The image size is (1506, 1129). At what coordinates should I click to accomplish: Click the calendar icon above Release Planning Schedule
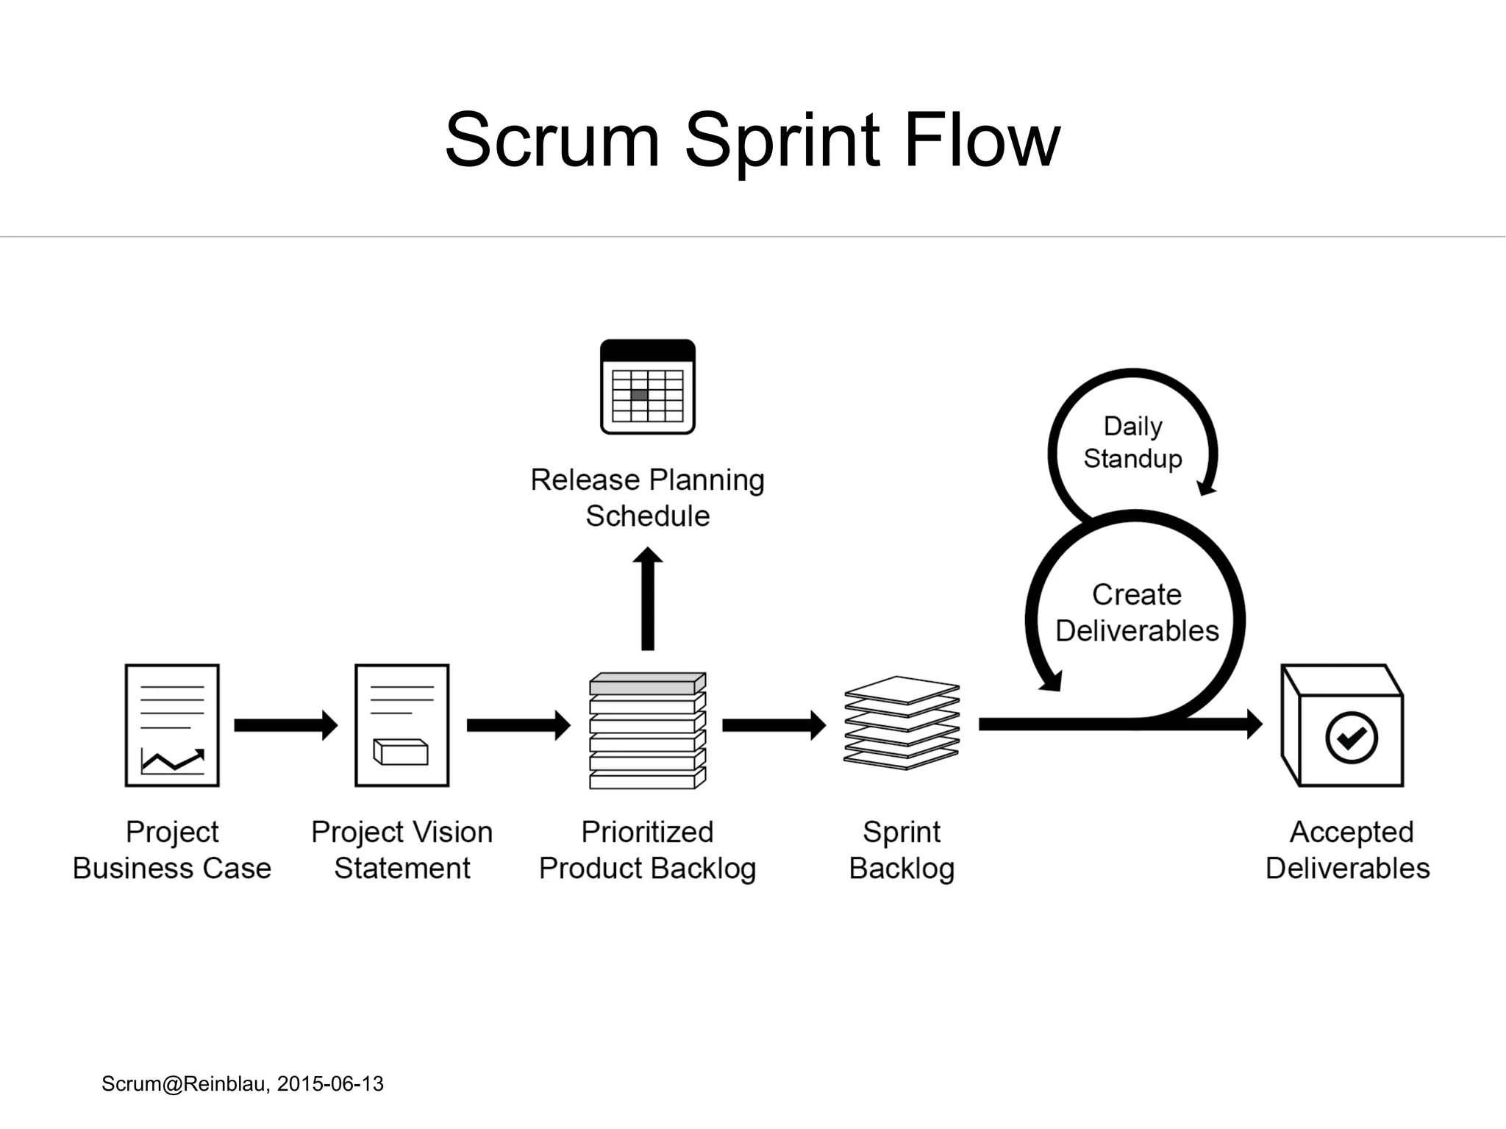pos(647,387)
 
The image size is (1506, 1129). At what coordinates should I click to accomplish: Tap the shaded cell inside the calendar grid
pos(639,395)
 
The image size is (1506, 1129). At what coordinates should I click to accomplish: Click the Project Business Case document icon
pos(172,725)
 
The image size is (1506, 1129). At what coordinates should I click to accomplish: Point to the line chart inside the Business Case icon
pos(173,761)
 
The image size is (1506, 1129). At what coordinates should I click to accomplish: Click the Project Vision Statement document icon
pos(402,725)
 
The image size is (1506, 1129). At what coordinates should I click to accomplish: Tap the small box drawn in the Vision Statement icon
pos(401,752)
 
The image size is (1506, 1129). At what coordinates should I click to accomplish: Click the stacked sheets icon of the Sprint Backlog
pos(902,723)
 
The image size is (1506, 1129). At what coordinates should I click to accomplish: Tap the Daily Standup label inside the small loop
pos(1132,442)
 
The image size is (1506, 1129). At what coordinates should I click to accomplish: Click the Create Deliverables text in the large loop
pos(1136,612)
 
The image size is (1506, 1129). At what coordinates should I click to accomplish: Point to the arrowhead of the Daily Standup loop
pos(1206,487)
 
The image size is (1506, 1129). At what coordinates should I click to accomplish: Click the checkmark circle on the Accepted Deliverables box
pos(1351,738)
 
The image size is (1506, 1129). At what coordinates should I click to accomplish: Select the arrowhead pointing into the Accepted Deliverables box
pos(1254,724)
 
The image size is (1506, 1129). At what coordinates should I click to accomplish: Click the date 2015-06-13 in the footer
pos(330,1083)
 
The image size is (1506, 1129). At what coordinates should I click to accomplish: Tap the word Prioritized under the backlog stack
pos(647,832)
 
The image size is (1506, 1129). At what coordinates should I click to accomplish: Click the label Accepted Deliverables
pos(1348,850)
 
